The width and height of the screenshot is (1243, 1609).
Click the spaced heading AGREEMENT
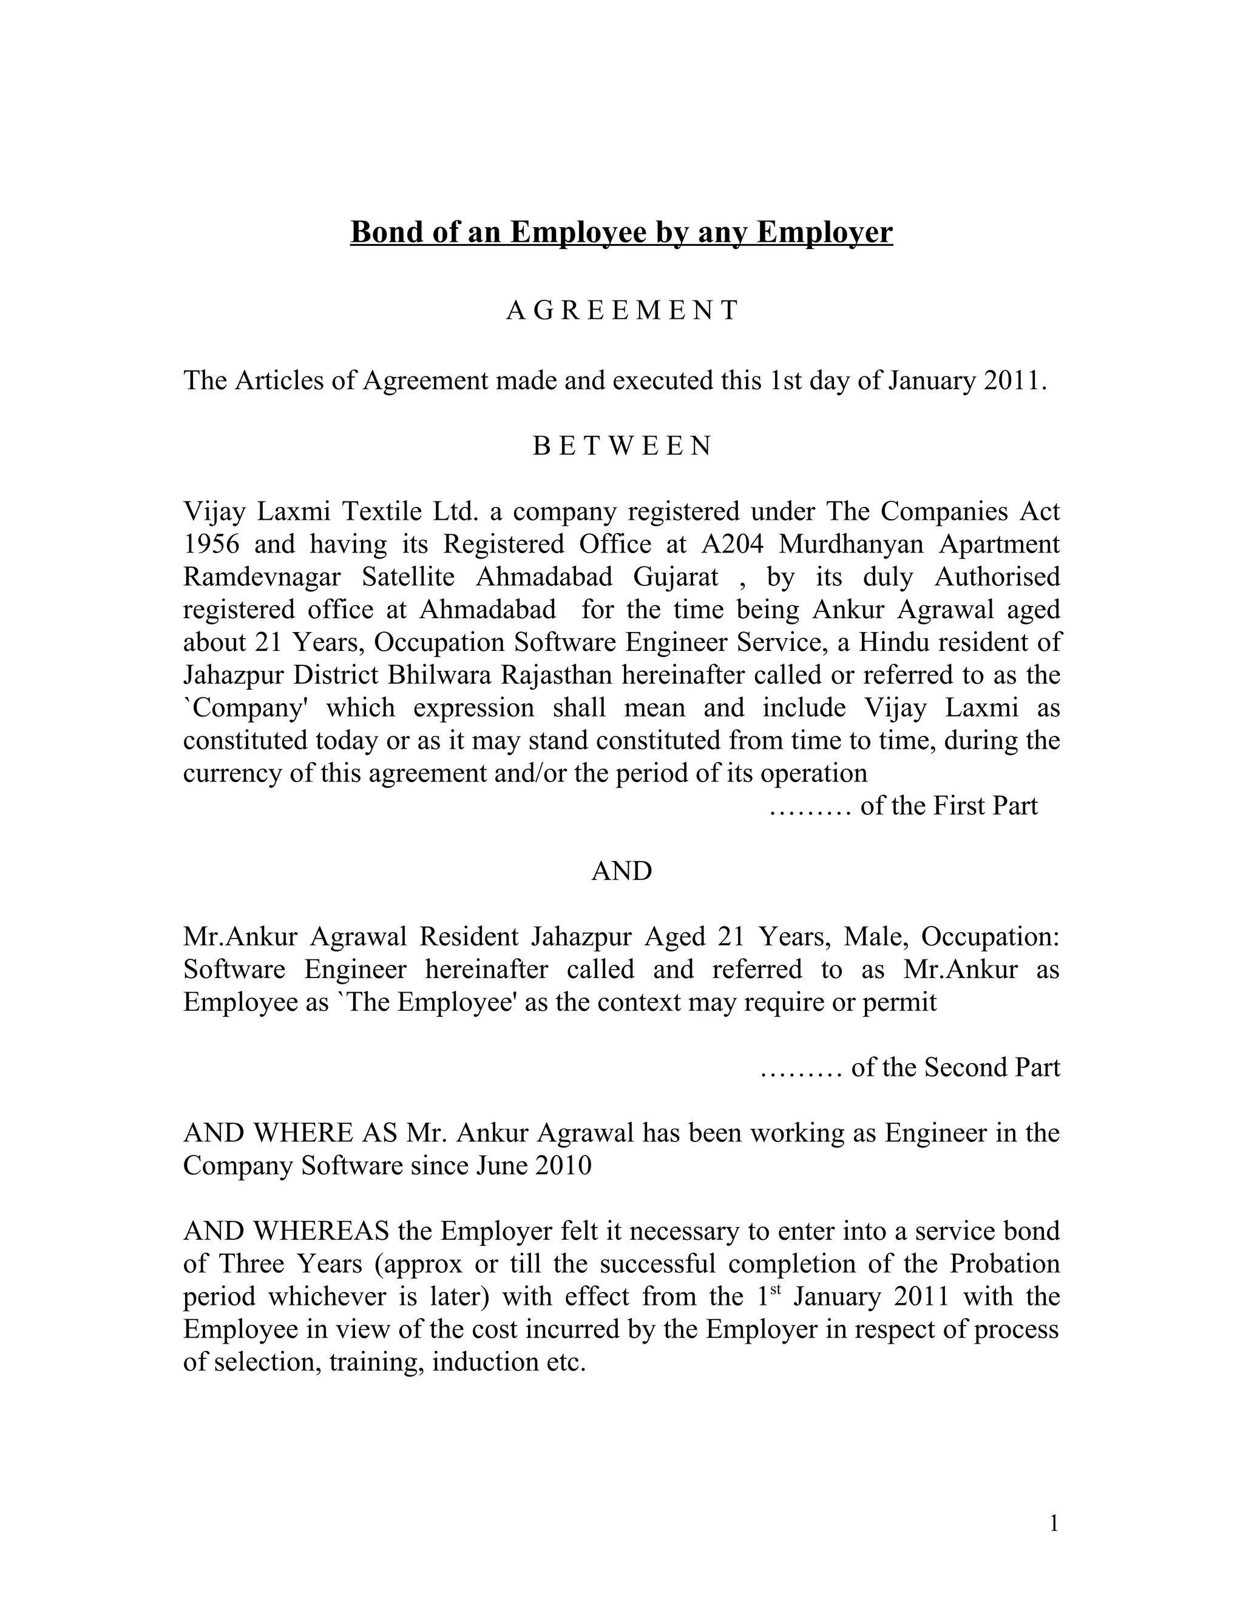coord(621,311)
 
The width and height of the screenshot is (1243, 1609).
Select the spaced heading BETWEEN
coord(621,446)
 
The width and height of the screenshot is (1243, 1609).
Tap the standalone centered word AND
coord(621,871)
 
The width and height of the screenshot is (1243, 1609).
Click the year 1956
coord(211,545)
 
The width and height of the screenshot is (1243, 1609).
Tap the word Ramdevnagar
coord(262,577)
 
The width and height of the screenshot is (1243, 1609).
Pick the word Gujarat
coord(676,577)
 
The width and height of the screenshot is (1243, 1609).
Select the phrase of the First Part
coord(949,806)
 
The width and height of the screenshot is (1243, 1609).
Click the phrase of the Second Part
coord(955,1067)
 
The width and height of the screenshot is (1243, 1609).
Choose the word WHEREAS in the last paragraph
coord(321,1231)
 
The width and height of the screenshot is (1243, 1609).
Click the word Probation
coord(1004,1264)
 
